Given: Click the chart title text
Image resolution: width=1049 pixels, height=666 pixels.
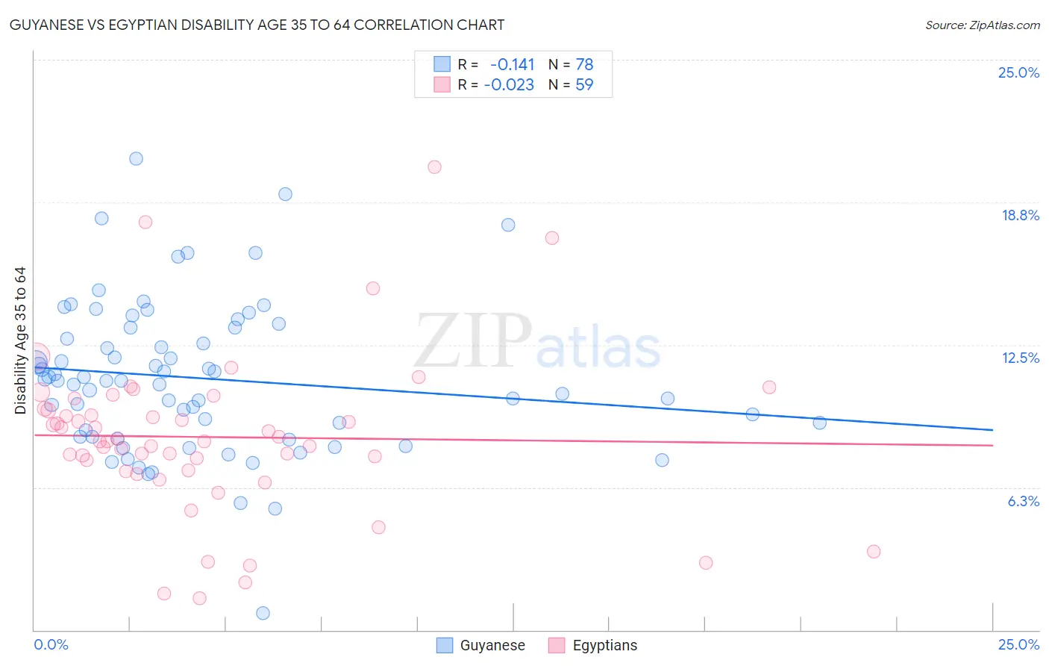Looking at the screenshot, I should point(257,25).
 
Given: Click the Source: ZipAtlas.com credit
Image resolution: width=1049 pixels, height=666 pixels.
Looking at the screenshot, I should point(982,25).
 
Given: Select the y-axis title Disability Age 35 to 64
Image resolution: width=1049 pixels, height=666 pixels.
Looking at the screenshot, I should point(20,340).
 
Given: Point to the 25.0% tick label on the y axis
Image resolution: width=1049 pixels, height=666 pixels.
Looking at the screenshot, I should point(1018,73).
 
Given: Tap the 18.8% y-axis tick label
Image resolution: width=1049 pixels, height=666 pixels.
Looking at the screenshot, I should point(1020,216).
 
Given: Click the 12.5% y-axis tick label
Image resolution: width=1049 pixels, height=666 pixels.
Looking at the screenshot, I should point(1020,358).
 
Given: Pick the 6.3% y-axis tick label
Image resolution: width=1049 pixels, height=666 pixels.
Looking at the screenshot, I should point(1023,502).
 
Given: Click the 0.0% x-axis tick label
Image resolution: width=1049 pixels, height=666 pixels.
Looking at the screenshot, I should point(51,645).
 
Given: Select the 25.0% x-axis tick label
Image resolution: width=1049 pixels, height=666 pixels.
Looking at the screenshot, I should point(1018,645).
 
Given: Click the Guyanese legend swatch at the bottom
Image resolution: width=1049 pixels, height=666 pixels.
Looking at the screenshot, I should point(445,645).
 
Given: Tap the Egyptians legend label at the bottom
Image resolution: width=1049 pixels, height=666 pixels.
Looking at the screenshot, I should point(604,646).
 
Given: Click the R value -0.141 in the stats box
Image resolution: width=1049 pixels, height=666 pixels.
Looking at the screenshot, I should point(512,65).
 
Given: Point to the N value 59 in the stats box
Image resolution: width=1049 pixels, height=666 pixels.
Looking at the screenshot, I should point(584,85).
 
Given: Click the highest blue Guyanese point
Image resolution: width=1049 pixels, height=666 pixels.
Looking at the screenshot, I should point(136,158).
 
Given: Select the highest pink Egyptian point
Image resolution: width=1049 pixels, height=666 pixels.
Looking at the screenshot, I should point(434,167).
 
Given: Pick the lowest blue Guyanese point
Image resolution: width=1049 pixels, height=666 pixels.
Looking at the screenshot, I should point(263,613).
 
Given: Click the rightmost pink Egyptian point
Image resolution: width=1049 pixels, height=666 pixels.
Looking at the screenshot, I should point(874,552).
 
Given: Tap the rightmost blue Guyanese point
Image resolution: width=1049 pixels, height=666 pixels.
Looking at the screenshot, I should point(819,423).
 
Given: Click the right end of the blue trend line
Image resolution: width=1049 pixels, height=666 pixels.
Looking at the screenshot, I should point(992,430).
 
